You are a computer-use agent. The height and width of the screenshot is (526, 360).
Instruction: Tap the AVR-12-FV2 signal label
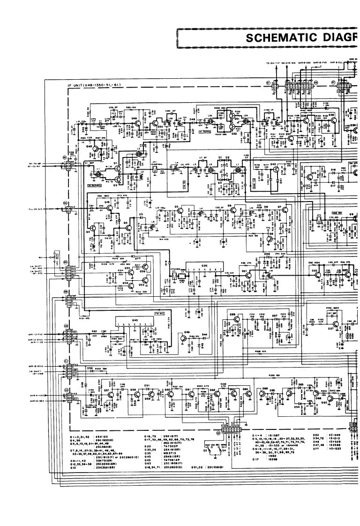click(x=38, y=334)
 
